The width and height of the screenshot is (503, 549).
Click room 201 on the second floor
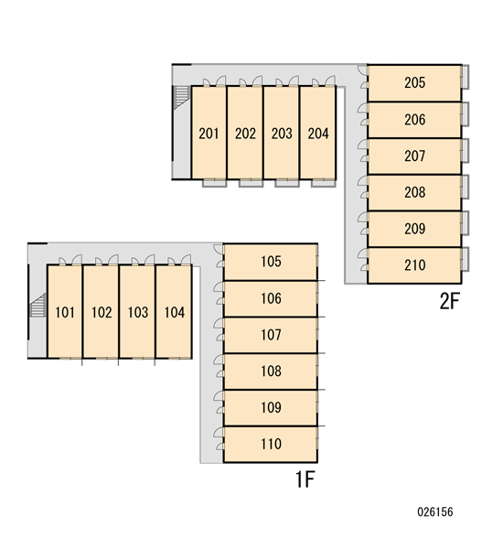[x=209, y=133]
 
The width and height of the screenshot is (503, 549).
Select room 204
[x=318, y=133]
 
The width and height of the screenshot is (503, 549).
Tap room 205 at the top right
[x=414, y=83]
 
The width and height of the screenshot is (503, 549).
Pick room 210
[x=414, y=265]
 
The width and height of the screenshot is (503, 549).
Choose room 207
[x=414, y=156]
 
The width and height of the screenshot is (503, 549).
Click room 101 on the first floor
[x=65, y=312]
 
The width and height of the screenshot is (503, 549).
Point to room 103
[x=137, y=312]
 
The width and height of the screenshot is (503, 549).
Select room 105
[x=271, y=262]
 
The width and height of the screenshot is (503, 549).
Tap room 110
[x=271, y=444]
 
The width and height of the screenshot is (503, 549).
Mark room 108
[x=271, y=371]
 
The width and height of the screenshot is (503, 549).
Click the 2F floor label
[x=449, y=301]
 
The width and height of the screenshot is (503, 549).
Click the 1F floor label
[x=305, y=479]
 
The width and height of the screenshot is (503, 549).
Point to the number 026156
[x=435, y=511]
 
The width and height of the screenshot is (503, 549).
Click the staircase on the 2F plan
[x=181, y=97]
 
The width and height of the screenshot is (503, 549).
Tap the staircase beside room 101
[x=37, y=306]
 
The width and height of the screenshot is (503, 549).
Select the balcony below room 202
[x=251, y=183]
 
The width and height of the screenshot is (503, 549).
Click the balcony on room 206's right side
[x=466, y=113]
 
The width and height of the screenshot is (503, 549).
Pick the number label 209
[x=414, y=229]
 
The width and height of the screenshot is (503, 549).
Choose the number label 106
[x=271, y=298]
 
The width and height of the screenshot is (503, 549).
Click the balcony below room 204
[x=324, y=183]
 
